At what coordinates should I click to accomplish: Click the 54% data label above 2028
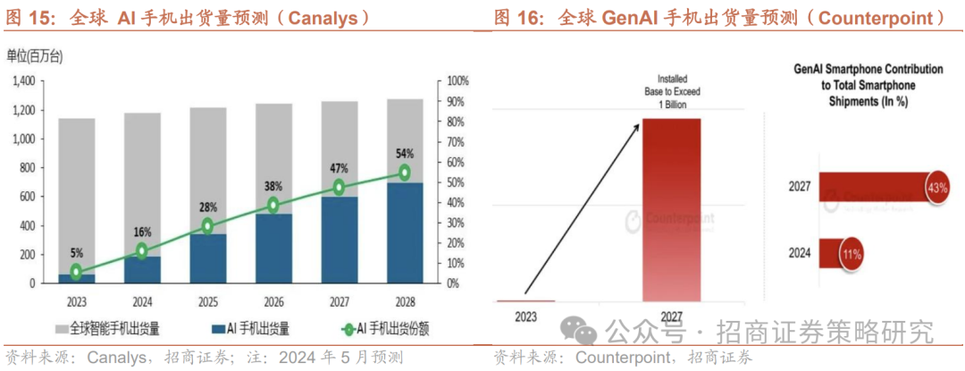pyautogui.click(x=405, y=153)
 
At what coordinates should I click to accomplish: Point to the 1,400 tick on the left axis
pyautogui.click(x=23, y=81)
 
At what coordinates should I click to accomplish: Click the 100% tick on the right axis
pyautogui.click(x=457, y=81)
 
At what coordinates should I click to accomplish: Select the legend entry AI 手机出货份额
pyautogui.click(x=374, y=328)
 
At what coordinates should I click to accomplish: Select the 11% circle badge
pyautogui.click(x=848, y=254)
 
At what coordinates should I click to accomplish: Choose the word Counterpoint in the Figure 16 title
pyautogui.click(x=880, y=17)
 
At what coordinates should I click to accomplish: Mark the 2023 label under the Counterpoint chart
pyautogui.click(x=526, y=316)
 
